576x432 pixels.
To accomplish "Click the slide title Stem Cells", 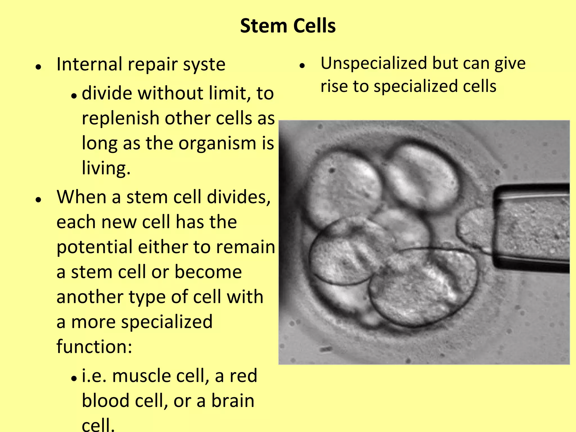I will pos(288,26).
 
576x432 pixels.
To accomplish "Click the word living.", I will pos(106,168).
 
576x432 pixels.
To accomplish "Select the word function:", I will pos(94,346).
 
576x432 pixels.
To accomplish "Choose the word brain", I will pos(233,400).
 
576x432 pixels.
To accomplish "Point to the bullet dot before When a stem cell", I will pos(39,200).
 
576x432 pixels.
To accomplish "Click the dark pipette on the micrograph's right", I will pos(532,228).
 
